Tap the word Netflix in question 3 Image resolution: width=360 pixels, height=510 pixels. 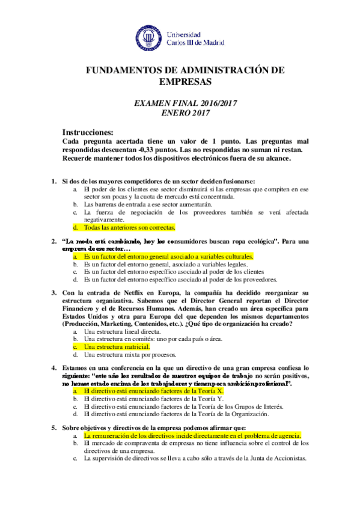coord(133,293)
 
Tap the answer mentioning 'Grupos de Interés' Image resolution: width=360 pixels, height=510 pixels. coord(183,406)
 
